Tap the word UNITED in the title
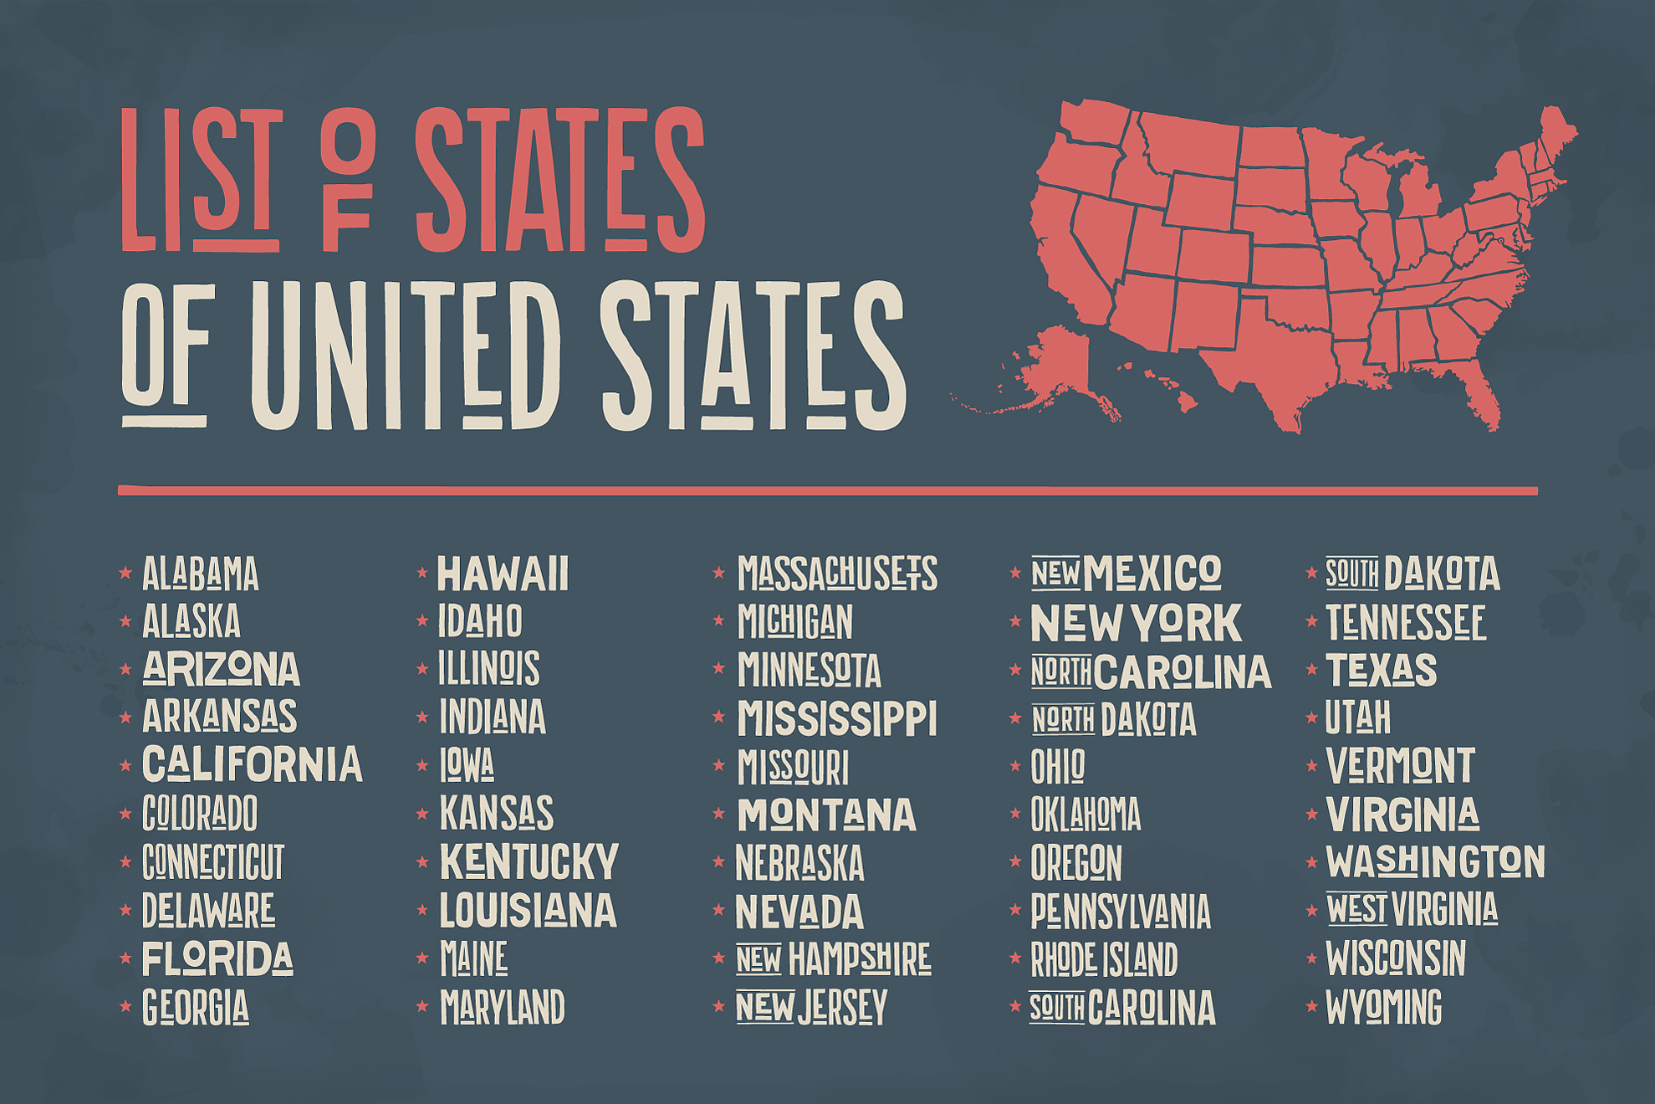405,355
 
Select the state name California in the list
252,764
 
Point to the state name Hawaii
503,574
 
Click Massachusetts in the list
837,574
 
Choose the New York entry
1136,623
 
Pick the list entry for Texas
1381,670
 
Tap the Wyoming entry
1383,1007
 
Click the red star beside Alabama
125,573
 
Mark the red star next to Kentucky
422,861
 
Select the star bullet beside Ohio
1015,765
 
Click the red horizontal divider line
828,491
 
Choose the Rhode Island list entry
1104,959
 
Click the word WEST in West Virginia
1356,909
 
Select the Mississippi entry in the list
837,718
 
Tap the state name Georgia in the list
196,1007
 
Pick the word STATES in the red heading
560,180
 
